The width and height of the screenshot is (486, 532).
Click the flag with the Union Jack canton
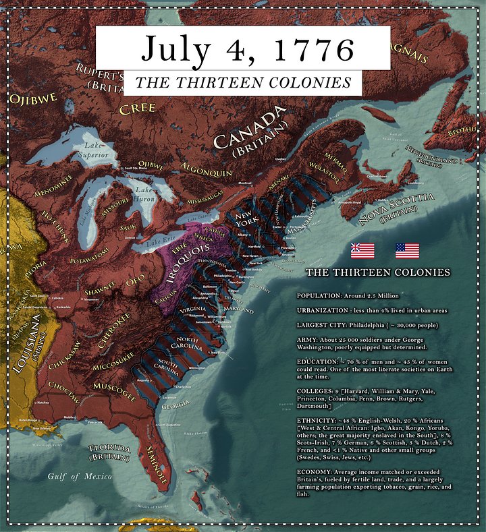[x=362, y=251]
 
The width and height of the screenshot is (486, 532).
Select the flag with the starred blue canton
[x=407, y=251]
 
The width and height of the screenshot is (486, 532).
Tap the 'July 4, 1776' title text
[x=247, y=49]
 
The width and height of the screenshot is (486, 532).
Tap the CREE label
[x=137, y=108]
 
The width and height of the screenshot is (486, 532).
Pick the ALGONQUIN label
[x=206, y=169]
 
